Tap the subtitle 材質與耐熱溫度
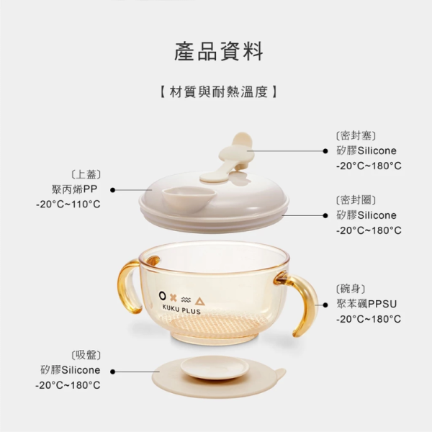tap(217, 92)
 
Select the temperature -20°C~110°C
tap(68, 204)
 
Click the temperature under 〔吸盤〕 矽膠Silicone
tap(68, 386)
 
